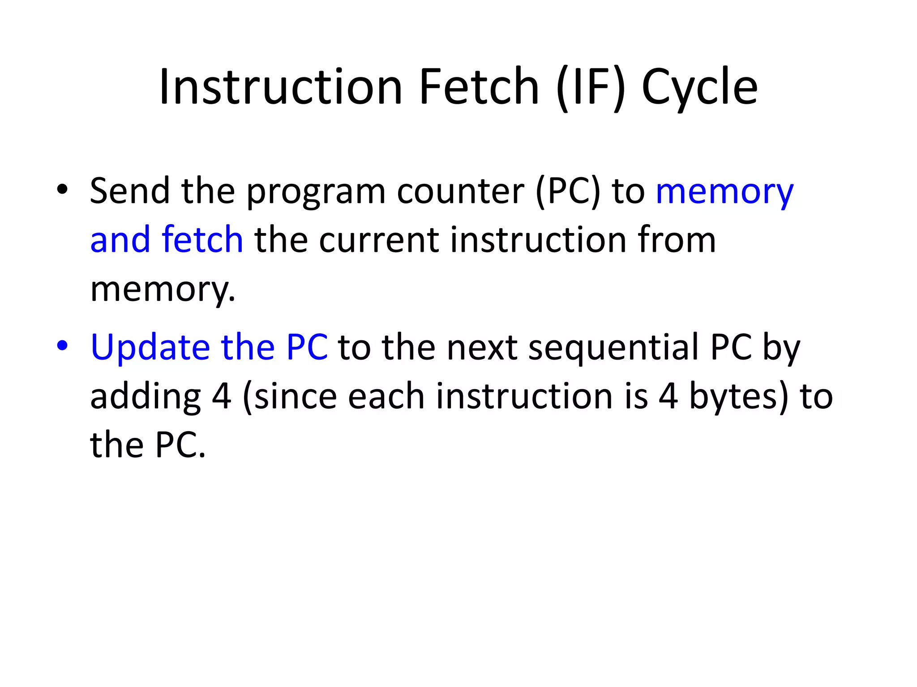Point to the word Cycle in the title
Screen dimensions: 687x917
699,88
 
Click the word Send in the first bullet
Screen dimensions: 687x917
130,191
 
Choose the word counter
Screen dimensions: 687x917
460,191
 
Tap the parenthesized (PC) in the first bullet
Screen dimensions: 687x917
567,191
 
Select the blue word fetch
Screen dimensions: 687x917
202,240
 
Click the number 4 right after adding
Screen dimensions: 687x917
221,397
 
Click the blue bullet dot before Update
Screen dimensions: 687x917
62,345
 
